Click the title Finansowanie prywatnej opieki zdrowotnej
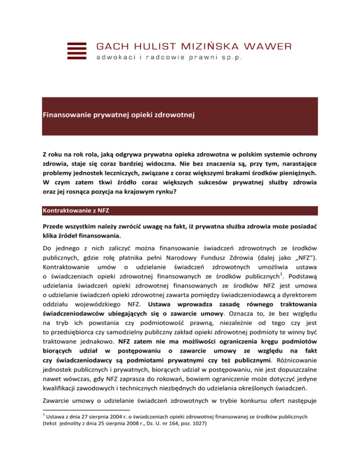(115, 114)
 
